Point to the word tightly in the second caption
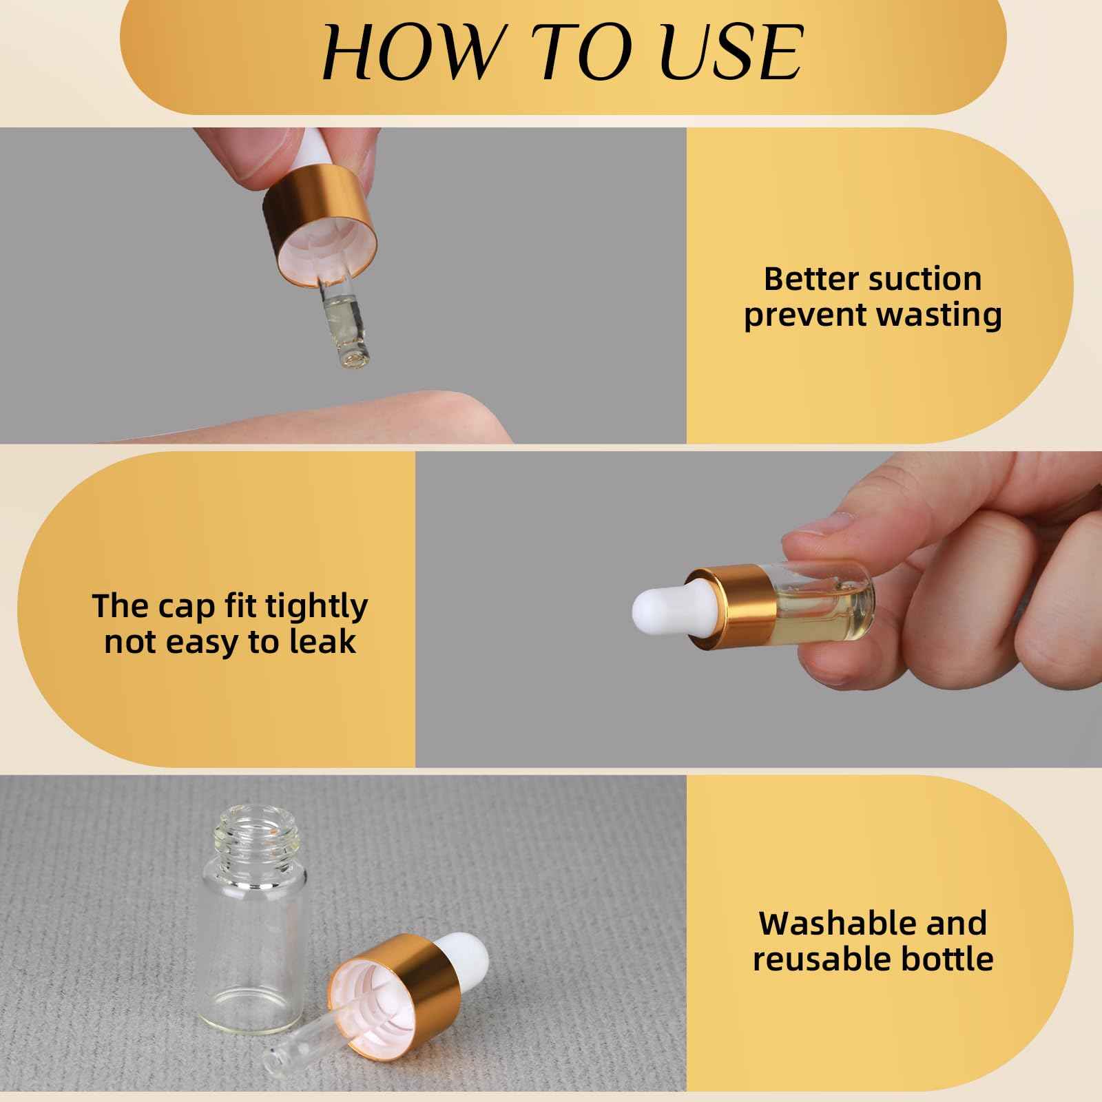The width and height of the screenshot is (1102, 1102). (x=317, y=607)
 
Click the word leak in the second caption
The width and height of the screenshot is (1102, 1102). (x=326, y=641)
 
